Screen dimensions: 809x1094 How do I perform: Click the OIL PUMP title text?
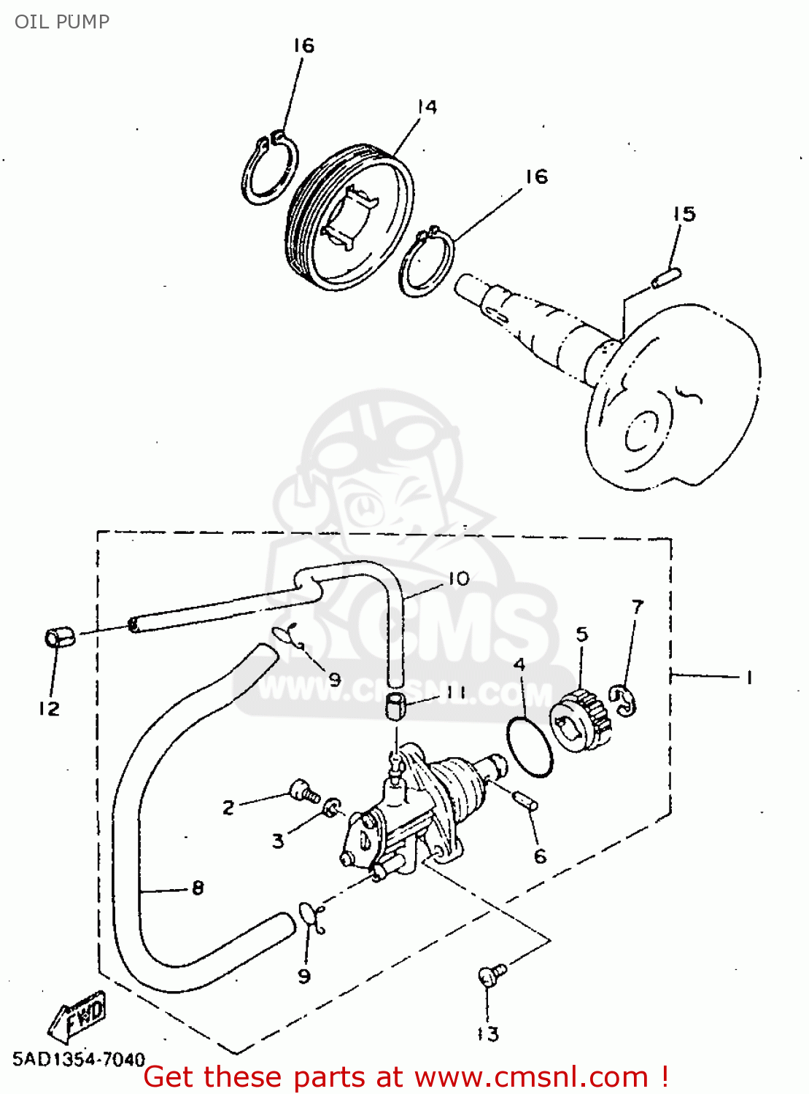62,22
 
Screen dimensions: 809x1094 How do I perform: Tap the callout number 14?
427,106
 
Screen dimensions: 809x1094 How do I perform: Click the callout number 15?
684,214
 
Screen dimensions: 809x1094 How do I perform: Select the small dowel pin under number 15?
667,278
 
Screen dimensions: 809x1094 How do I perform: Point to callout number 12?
50,708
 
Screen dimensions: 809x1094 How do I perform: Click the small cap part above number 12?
58,636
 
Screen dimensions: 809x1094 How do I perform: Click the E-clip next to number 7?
624,700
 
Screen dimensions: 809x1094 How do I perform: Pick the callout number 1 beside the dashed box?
749,678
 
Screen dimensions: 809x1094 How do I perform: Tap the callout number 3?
278,840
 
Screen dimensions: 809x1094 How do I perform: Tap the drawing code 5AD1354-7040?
79,1059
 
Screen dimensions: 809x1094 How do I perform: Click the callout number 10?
460,579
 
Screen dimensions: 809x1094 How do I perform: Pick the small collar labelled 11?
395,706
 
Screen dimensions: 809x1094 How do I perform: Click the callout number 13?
488,1033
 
